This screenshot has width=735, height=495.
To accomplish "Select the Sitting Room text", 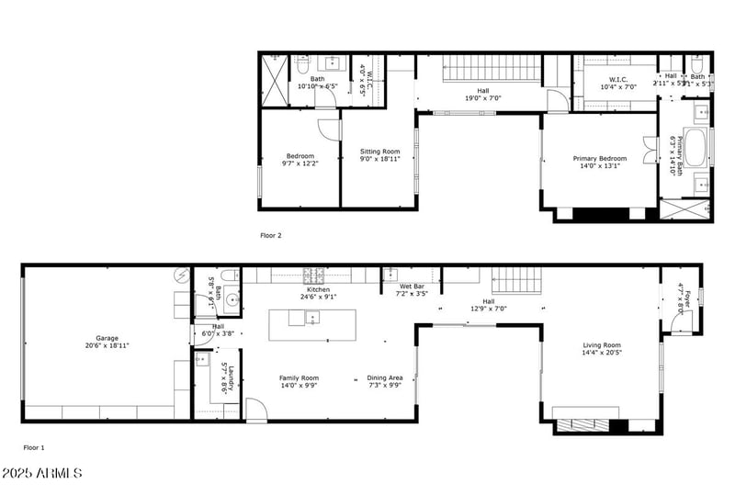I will (x=379, y=155).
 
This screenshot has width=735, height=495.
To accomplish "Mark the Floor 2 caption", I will (x=270, y=235).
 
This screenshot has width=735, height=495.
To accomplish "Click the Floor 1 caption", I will (x=34, y=448).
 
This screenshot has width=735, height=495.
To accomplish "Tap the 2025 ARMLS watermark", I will (x=42, y=474).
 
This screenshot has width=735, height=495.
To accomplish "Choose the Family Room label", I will (x=299, y=382).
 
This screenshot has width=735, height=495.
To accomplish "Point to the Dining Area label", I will (x=385, y=382).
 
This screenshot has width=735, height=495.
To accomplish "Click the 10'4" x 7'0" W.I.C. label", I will (x=618, y=83).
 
